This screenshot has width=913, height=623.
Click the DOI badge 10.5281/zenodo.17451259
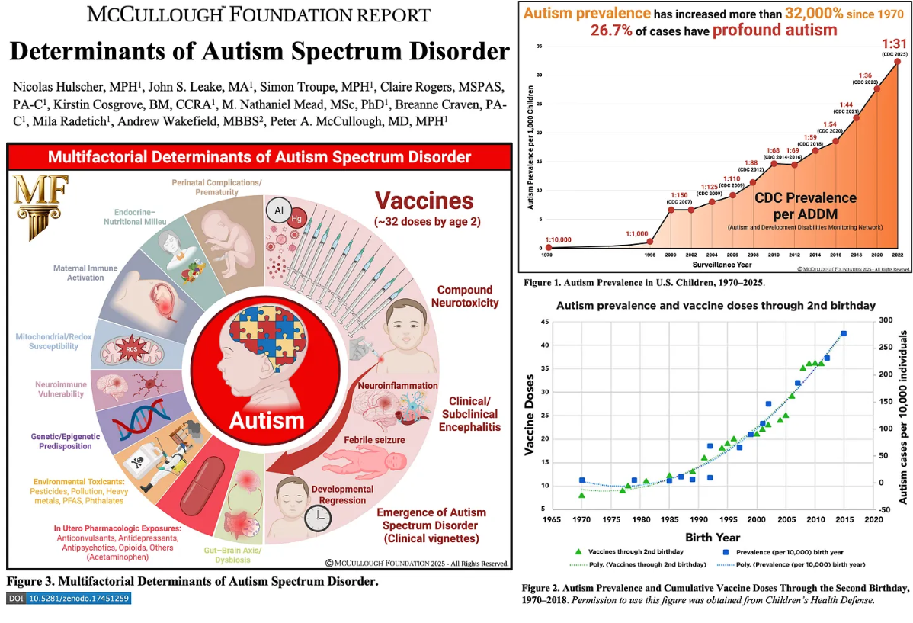pos(69,599)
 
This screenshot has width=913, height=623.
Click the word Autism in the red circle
pos(267,419)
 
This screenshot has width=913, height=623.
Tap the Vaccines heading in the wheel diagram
pos(424,201)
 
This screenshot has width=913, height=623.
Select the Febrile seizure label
pos(374,440)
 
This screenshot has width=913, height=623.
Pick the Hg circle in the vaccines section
pos(298,220)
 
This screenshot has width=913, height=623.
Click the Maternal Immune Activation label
pos(78,273)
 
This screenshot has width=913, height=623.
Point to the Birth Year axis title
pos(713,538)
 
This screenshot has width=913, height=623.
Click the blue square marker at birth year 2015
pos(844,333)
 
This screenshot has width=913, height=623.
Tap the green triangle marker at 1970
pos(581,495)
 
